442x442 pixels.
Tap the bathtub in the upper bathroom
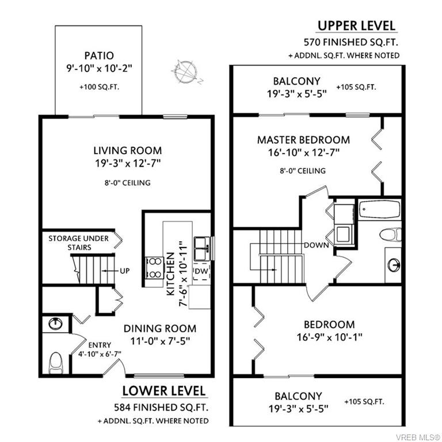(380, 209)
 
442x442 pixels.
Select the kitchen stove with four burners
(154, 268)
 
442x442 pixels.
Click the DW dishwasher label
(201, 271)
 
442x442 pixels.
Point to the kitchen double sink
(202, 249)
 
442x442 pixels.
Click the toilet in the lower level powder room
(56, 363)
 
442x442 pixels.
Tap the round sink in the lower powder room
(55, 323)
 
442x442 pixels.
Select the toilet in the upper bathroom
(390, 235)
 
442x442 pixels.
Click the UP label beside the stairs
(124, 271)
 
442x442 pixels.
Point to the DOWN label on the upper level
(317, 245)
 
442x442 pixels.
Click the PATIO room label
(99, 55)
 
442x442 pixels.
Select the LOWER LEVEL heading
(164, 391)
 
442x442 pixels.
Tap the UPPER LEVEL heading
(357, 26)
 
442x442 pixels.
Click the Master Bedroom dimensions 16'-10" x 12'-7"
(304, 153)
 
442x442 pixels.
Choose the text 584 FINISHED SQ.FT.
(161, 407)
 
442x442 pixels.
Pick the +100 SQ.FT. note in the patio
(99, 87)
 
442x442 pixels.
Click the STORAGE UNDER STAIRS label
(78, 243)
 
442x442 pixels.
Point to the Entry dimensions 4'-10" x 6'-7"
(100, 354)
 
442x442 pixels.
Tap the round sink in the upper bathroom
(394, 265)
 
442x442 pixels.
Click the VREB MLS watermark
(417, 437)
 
